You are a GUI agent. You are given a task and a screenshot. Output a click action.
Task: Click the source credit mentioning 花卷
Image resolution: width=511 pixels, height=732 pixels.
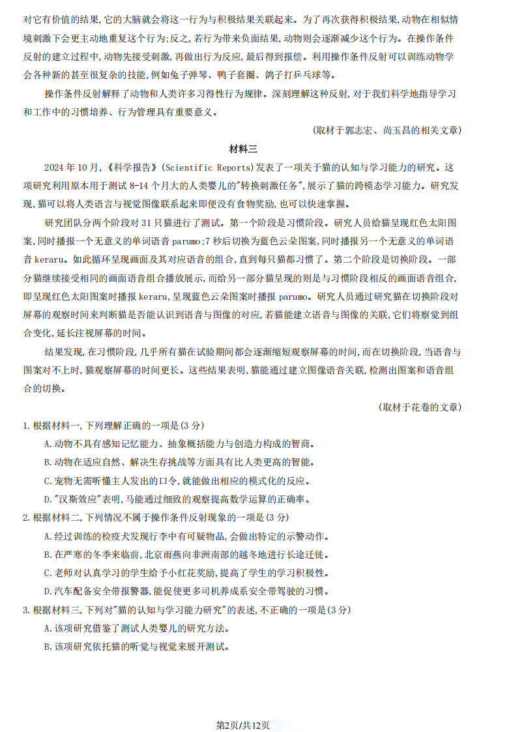tap(420, 407)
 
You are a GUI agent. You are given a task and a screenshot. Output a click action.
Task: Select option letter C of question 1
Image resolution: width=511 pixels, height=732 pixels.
tap(48, 482)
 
